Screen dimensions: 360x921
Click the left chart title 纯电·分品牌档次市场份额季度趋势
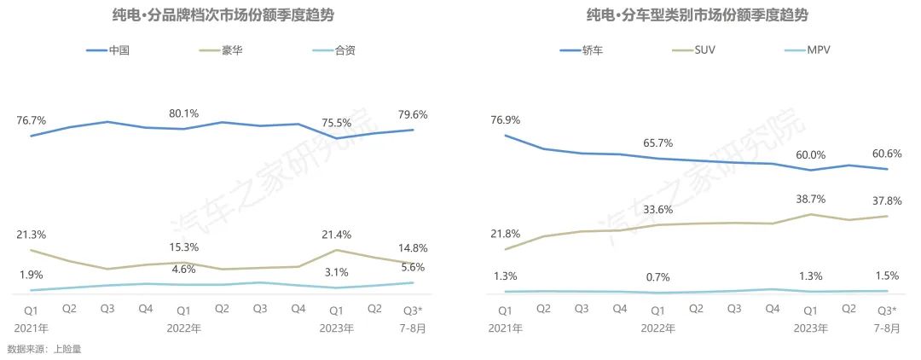(223, 15)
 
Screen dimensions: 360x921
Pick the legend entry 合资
(345, 50)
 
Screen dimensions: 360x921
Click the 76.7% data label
(32, 120)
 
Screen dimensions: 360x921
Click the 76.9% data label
(505, 119)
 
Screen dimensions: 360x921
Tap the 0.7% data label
(657, 276)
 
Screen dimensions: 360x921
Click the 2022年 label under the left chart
(183, 328)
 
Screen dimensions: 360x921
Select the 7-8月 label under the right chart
(886, 328)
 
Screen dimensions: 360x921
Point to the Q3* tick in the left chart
(412, 311)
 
